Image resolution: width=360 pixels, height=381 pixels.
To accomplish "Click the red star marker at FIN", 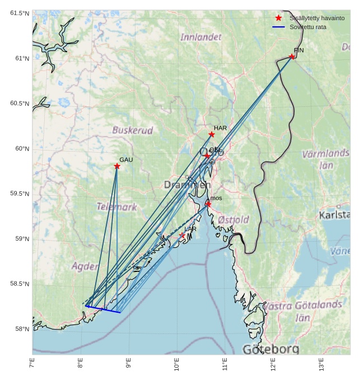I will pos(292,57).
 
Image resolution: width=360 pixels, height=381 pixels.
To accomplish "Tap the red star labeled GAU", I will pos(117,166).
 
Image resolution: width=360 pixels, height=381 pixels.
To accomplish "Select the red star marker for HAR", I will pos(212,134).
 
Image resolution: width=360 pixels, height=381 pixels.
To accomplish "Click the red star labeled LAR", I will pos(183,236).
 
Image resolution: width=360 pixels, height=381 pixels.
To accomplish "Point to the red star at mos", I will pos(208,204).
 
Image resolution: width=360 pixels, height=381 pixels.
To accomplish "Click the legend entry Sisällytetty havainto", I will pos(317,18).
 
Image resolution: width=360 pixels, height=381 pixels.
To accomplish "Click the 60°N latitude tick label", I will pos(20,149).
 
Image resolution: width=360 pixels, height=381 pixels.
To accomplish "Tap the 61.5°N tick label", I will pos(19,13).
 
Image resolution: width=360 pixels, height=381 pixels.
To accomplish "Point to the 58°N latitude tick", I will pos(20,329).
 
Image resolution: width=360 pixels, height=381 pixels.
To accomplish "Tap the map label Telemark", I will pos(116,207).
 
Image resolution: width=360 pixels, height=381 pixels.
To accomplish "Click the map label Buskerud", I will pos(133,130).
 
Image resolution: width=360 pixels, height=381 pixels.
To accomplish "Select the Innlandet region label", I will pos(201,37).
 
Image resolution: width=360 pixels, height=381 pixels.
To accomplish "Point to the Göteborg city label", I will pos(271,349).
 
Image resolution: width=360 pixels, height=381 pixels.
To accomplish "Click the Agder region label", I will pos(85,266).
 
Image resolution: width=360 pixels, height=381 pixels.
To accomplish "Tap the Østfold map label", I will pos(233,220).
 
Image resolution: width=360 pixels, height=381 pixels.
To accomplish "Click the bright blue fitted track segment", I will pos(104,309).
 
